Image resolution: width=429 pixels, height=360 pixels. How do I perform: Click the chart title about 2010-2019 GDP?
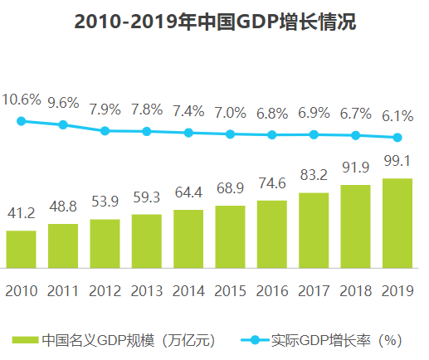click(214, 22)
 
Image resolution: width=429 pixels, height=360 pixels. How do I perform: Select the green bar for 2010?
click(21, 249)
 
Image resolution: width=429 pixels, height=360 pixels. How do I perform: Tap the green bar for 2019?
click(397, 223)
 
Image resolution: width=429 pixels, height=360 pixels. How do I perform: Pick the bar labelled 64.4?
click(188, 239)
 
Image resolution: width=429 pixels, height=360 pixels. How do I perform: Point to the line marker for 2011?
click(63, 124)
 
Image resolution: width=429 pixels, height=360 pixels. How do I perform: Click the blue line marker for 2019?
click(397, 138)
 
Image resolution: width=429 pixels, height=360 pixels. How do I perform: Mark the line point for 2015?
click(230, 134)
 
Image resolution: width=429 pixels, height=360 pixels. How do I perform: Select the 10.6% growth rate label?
click(21, 100)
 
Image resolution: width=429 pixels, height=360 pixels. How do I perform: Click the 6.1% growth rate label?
click(397, 115)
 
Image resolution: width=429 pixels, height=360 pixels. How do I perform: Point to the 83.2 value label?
click(314, 176)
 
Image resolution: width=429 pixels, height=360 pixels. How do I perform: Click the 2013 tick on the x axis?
click(146, 290)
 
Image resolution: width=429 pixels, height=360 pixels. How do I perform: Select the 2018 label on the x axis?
click(355, 290)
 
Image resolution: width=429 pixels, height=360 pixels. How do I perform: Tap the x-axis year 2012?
click(105, 290)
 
